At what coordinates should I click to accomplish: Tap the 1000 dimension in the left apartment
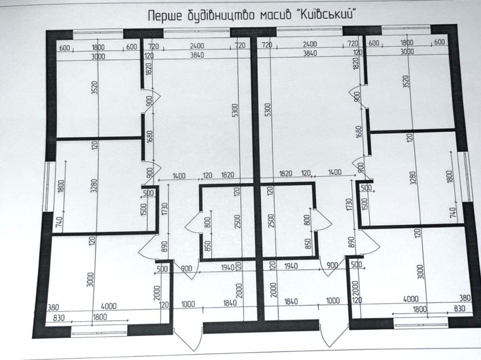pos(189,304)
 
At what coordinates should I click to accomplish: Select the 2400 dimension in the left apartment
pos(197,46)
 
